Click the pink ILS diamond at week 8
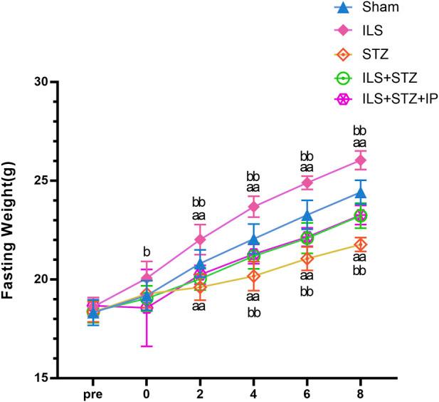[360, 160]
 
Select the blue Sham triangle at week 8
[360, 192]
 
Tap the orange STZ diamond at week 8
[360, 245]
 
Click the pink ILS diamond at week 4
[253, 207]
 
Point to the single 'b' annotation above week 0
[147, 251]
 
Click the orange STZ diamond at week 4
[253, 276]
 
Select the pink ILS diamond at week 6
[307, 182]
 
